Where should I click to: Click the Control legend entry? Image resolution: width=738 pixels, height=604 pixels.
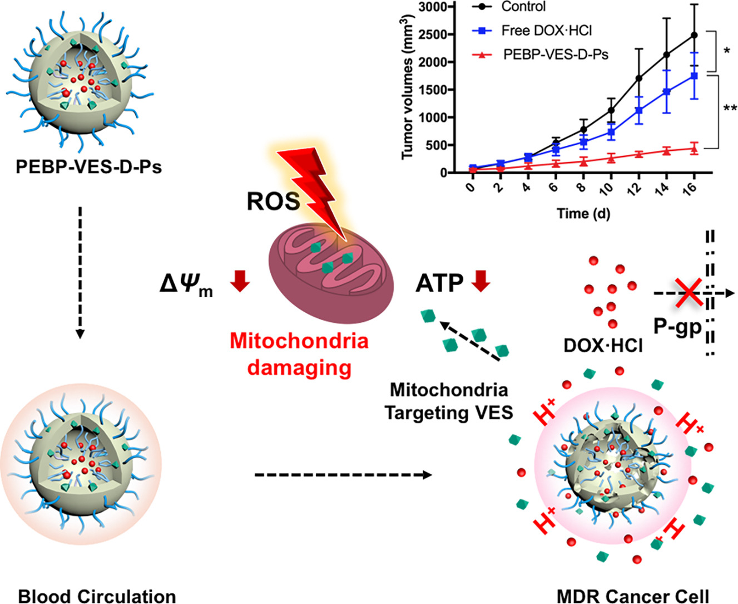(523, 7)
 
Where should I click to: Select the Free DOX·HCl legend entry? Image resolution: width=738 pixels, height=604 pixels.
(546, 31)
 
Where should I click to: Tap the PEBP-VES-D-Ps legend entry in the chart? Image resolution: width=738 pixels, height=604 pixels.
(555, 54)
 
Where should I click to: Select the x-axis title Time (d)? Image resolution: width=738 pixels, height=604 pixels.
(583, 213)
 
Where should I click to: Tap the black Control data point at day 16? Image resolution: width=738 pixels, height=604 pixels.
(694, 35)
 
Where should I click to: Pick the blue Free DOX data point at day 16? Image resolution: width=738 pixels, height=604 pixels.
(694, 76)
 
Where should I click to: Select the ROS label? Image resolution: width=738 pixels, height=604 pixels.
(272, 202)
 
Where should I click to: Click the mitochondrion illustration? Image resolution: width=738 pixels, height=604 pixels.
(331, 272)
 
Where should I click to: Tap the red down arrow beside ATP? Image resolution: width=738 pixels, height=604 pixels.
(481, 281)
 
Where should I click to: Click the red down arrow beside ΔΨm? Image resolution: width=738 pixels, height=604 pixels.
(240, 281)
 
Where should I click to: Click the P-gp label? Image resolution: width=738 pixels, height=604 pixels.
(677, 327)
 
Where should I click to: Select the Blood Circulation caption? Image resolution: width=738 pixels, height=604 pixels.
(97, 596)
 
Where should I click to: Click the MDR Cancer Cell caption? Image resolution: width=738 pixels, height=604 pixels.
(633, 596)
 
